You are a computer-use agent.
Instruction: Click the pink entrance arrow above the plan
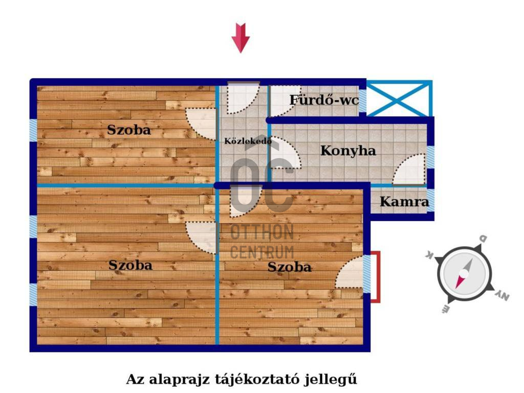click(241, 37)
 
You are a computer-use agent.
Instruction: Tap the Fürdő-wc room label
click(324, 100)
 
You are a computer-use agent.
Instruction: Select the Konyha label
click(348, 151)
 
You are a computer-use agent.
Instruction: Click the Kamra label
click(404, 202)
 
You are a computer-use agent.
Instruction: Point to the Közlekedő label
click(248, 141)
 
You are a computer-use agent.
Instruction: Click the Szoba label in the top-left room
click(129, 130)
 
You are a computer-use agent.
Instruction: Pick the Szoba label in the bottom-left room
click(130, 266)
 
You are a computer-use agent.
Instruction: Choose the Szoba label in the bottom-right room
click(290, 267)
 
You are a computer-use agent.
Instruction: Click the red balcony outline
click(379, 277)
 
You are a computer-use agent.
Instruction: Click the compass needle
click(464, 274)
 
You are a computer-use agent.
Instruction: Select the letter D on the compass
click(483, 238)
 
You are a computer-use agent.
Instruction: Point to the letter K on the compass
click(429, 255)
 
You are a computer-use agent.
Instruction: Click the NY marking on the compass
click(503, 295)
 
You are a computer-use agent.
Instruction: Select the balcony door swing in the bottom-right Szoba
click(350, 272)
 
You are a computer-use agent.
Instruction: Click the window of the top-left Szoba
click(33, 130)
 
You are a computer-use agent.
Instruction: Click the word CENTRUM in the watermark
click(263, 252)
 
